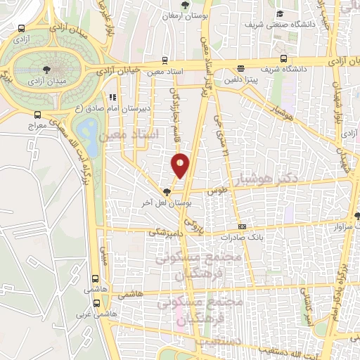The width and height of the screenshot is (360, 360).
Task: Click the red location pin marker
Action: coord(181,165)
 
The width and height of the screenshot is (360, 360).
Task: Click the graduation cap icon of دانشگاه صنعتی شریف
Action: coord(280,14)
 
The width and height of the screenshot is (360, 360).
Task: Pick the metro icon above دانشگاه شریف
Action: coord(283,58)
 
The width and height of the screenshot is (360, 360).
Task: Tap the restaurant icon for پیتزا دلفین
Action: coord(241,69)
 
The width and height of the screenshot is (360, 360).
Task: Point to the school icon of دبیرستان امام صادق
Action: coord(111,98)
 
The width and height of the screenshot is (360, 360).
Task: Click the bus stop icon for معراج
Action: coord(37,115)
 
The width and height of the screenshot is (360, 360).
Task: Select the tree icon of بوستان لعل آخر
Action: coord(167,191)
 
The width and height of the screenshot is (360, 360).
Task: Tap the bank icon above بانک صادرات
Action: coord(243,226)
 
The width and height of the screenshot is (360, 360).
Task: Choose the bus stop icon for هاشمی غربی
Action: coord(96,304)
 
